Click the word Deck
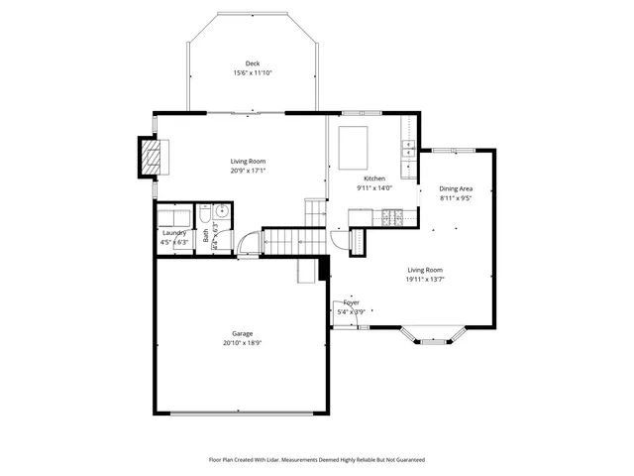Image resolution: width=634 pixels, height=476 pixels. point(253,63)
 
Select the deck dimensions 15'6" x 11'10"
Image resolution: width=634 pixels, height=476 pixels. point(253,72)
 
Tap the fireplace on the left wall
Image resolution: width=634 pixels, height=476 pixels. point(151,157)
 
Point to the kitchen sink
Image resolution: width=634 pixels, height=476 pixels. point(407,150)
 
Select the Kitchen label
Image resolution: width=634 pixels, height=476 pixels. point(374,178)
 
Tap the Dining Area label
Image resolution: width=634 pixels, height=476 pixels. point(456,188)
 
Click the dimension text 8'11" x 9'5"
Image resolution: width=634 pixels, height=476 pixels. point(456,197)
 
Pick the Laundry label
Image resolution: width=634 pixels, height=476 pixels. point(174,233)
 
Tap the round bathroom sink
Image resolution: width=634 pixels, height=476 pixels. point(223,211)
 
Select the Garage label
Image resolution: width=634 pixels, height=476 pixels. point(243,334)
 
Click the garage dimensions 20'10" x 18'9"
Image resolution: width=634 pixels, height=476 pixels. point(243,343)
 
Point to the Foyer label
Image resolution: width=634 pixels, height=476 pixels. point(352,302)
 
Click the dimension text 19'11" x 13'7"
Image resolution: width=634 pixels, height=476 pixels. point(425,279)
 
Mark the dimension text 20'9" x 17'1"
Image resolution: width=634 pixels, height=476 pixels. point(248,170)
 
